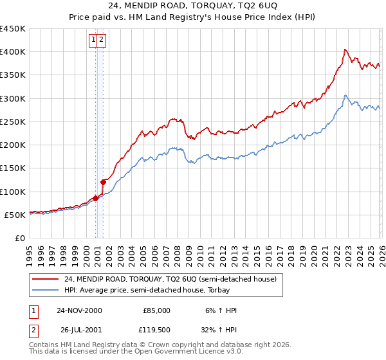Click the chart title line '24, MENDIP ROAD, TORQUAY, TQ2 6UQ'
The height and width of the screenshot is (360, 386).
click(193, 6)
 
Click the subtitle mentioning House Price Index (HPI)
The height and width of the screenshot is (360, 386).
click(193, 17)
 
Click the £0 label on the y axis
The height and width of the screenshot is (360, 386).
click(19, 238)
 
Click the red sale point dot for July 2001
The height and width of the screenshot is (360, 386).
click(103, 182)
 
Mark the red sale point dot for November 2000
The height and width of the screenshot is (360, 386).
click(96, 198)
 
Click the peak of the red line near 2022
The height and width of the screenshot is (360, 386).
click(345, 50)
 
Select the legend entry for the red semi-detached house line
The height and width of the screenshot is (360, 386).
click(170, 279)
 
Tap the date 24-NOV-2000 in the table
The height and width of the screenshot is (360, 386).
click(79, 310)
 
